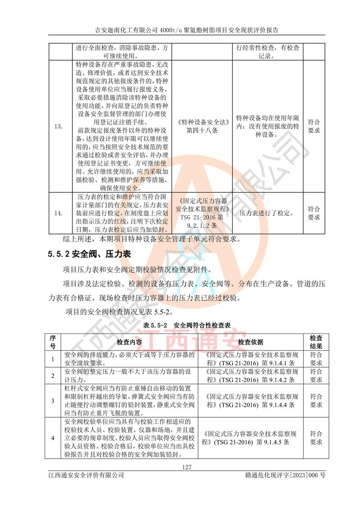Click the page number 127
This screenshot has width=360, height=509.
click(187, 467)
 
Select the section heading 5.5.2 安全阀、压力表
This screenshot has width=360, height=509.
click(89, 254)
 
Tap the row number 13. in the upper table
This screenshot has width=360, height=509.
click(58, 126)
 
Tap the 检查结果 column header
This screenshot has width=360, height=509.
click(316, 342)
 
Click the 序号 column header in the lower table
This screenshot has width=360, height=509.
click(53, 342)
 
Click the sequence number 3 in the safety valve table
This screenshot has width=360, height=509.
click(53, 401)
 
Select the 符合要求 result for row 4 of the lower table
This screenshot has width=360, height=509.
click(316, 438)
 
